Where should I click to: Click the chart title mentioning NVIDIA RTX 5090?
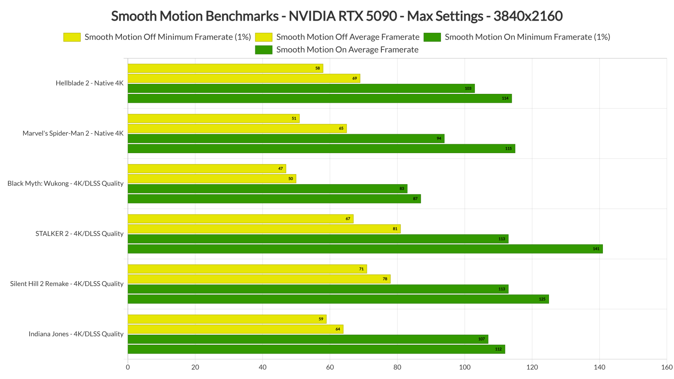pos(337,16)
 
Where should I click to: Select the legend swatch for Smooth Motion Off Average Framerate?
pos(263,37)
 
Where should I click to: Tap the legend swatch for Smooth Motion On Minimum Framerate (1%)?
pos(432,37)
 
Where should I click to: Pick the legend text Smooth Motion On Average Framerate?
pos(347,50)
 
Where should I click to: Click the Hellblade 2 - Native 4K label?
pos(90,83)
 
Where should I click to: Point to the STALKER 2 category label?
pos(79,234)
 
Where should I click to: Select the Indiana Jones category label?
pos(76,334)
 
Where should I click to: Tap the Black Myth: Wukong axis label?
pos(65,183)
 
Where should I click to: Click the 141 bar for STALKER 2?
pos(365,249)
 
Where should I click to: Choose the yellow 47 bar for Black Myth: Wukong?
pos(207,169)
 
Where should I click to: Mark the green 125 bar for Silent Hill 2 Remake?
pos(338,299)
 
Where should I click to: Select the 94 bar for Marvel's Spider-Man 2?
pos(286,139)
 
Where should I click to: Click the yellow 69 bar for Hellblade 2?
pos(244,79)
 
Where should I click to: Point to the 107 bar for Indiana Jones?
pos(308,339)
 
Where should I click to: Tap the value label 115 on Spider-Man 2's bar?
pos(508,149)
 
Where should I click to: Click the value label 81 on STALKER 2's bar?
pos(395,229)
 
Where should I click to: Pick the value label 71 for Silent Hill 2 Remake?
pos(361,269)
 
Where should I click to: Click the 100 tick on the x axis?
pos(465,368)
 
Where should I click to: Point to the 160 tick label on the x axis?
pos(667,368)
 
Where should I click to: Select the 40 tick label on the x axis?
pos(262,368)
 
